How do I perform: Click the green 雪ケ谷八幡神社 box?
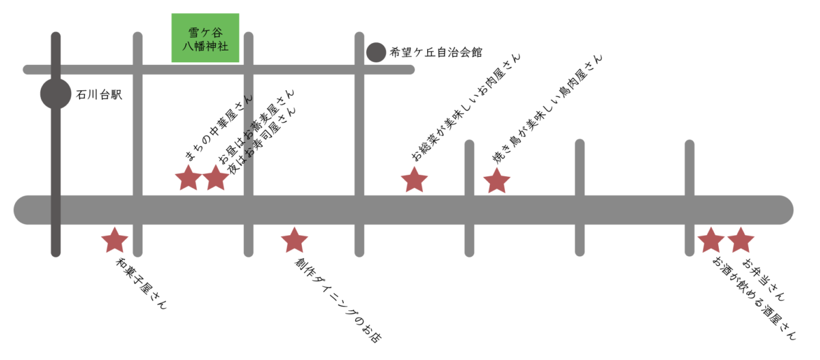[x=205, y=38]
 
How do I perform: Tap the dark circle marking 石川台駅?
[x=55, y=94]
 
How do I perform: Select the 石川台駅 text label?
[x=99, y=95]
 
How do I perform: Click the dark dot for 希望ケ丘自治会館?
[x=376, y=52]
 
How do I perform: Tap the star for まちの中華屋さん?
[x=188, y=178]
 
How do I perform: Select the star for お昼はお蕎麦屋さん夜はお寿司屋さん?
[x=215, y=178]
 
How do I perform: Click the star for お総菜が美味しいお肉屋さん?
[x=414, y=180]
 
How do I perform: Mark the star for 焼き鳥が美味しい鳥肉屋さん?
[x=497, y=181]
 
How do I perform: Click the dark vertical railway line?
[x=55, y=171]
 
